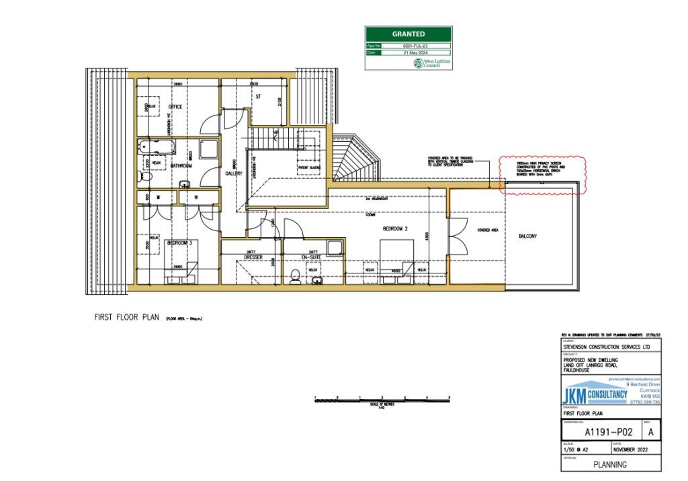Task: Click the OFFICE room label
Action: pos(175,107)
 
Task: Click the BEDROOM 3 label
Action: pos(180,243)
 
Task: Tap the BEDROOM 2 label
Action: pos(395,228)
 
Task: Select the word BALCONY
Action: pos(528,236)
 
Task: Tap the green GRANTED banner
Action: pos(408,34)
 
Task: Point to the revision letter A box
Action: pos(651,432)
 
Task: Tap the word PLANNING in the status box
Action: pos(611,464)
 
